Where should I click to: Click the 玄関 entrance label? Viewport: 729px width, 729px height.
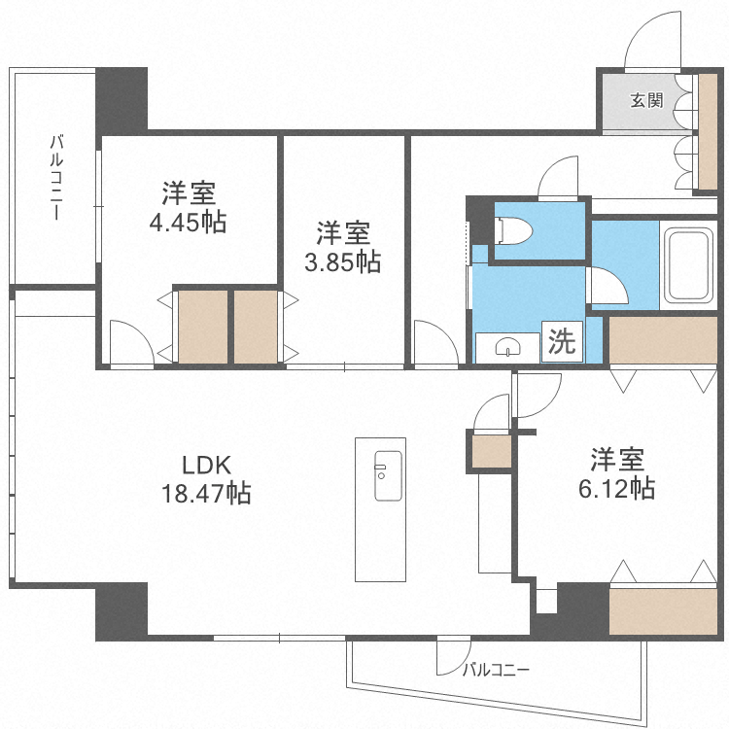pos(646,100)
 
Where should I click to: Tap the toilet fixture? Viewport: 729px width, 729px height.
pos(514,230)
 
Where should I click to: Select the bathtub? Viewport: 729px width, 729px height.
pos(688,265)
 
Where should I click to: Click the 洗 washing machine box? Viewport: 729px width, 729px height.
pos(562,341)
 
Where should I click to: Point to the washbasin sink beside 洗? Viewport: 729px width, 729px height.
pos(507,347)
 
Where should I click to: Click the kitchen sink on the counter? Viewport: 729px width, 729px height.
pos(388,475)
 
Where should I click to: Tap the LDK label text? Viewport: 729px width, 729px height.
pos(206,465)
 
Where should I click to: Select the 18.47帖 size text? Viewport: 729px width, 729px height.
pos(206,493)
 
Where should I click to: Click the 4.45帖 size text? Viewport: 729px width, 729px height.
pos(188,223)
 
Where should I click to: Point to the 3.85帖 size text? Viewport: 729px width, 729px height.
pos(343,261)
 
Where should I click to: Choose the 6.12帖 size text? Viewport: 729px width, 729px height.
pos(616,488)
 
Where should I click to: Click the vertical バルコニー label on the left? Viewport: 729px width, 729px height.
pos(56,177)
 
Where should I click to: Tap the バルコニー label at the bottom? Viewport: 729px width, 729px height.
pos(496,670)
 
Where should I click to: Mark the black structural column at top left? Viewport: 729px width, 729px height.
pos(121,99)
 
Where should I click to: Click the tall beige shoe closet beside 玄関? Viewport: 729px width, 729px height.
pos(708,131)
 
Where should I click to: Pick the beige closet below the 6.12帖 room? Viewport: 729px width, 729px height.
pos(663,611)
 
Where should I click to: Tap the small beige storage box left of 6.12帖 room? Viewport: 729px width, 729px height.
pos(492,451)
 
